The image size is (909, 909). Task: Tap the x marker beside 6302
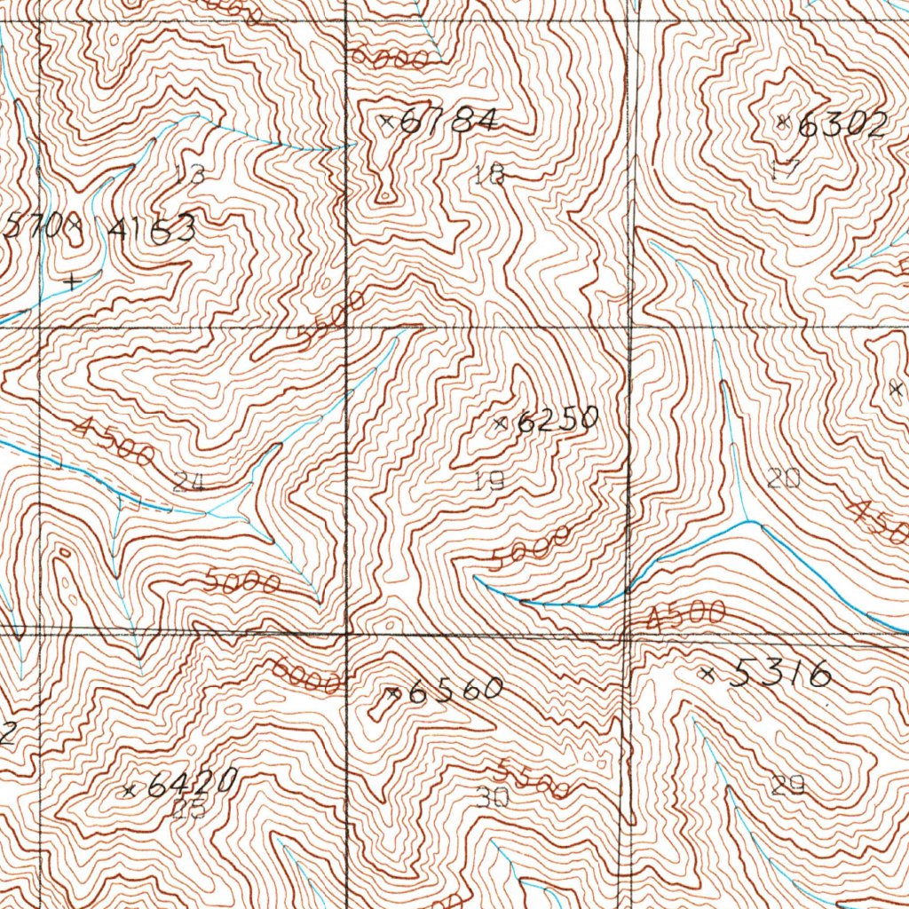click(783, 123)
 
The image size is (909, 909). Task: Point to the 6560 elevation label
click(454, 691)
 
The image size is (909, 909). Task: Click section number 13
click(189, 173)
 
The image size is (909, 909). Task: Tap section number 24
click(189, 483)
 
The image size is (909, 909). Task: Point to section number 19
click(489, 481)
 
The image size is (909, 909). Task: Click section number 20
click(783, 479)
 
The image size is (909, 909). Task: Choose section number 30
click(491, 796)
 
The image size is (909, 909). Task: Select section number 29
click(788, 785)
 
